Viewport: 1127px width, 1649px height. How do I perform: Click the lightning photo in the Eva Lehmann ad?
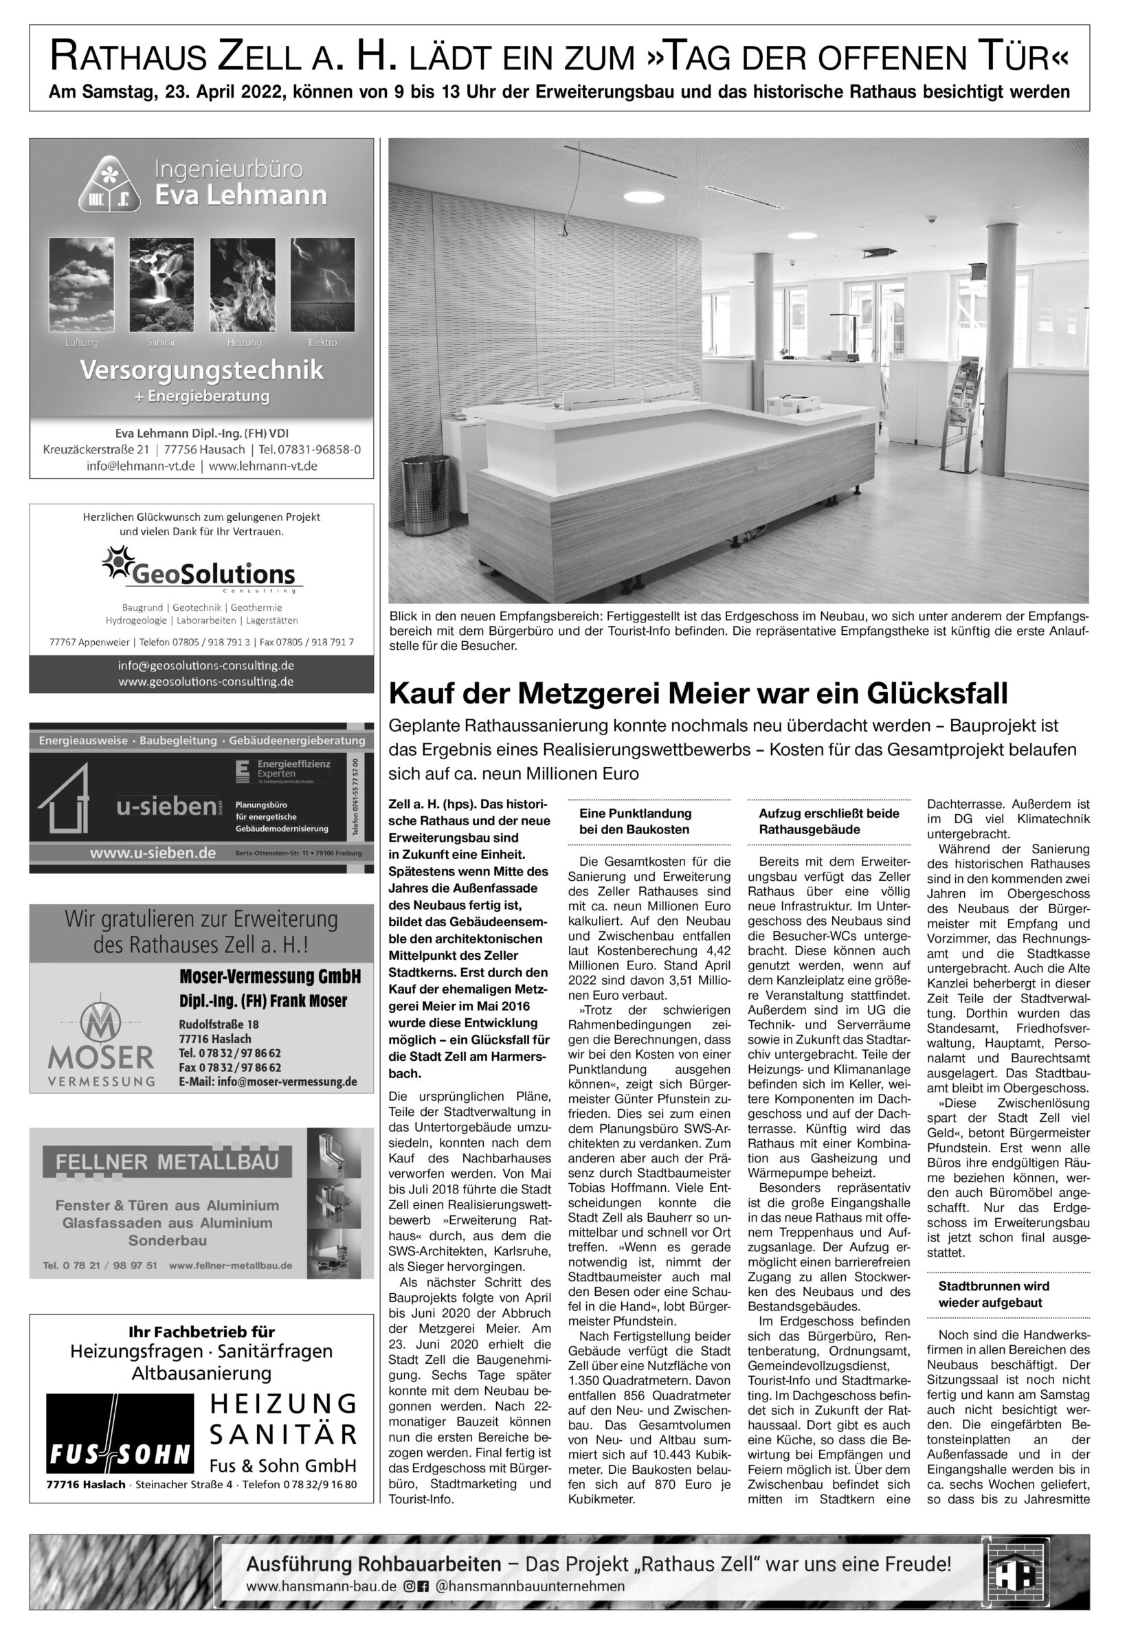[x=323, y=284]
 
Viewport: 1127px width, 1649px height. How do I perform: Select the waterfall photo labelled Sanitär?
[x=157, y=284]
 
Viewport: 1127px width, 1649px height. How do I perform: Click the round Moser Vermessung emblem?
[x=100, y=1022]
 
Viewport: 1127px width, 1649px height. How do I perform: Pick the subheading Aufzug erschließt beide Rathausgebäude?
[x=828, y=821]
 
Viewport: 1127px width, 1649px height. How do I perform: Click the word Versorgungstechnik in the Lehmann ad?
[x=201, y=370]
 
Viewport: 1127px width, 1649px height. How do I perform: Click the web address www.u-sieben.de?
[x=152, y=853]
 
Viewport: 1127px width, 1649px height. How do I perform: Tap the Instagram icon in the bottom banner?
[x=409, y=1586]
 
